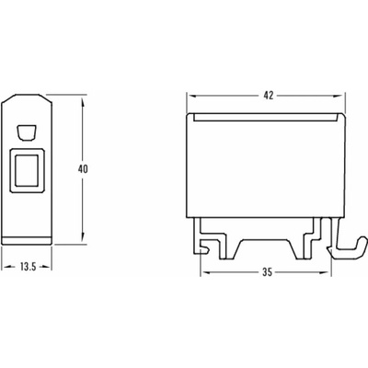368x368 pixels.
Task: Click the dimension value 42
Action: [x=269, y=96]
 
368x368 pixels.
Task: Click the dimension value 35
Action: [x=268, y=272]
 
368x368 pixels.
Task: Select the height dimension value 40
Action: [x=83, y=169]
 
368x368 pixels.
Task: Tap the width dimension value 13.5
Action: [x=29, y=267]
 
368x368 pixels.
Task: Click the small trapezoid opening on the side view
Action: [x=26, y=133]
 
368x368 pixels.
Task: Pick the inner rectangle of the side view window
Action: [x=27, y=170]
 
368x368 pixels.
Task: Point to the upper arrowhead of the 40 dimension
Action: [x=83, y=102]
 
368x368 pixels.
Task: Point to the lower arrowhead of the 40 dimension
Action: [x=83, y=237]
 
